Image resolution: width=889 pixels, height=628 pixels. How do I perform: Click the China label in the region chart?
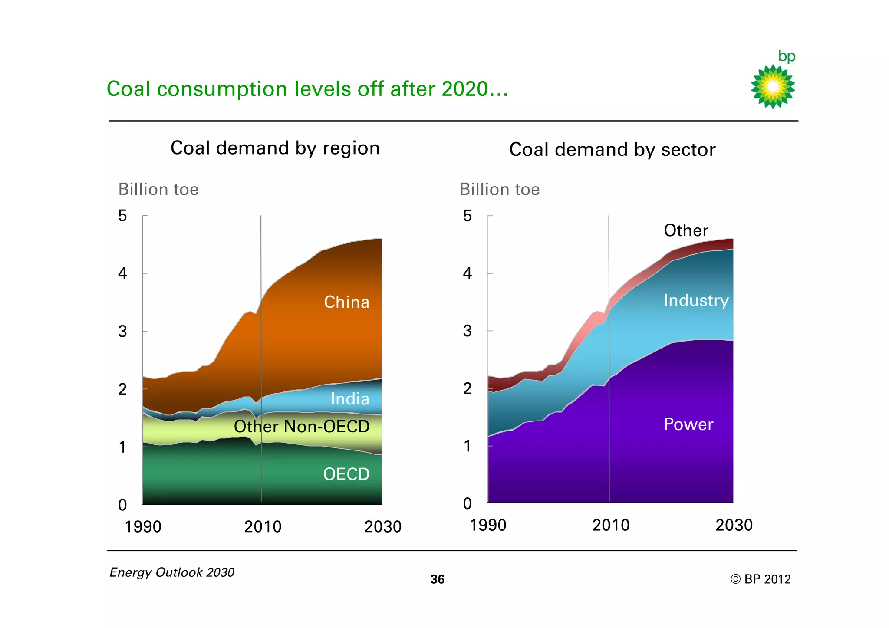346,302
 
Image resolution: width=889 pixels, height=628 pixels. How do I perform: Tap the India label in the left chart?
350,399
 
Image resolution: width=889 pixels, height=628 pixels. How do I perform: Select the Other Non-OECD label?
302,426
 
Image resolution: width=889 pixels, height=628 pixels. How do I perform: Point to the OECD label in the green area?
346,474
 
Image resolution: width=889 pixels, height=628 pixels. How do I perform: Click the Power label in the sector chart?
688,424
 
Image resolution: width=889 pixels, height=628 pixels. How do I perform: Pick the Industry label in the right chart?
696,300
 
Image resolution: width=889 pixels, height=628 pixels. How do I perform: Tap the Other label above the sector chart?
686,230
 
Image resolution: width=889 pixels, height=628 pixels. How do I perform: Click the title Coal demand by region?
275,148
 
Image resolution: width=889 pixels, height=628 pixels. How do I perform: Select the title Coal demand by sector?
612,149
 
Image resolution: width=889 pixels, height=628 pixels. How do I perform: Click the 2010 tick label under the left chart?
263,526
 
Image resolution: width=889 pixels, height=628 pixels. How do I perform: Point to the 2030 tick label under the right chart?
734,525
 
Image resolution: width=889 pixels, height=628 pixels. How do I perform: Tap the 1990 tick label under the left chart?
143,526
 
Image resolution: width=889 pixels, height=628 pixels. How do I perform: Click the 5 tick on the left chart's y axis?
122,216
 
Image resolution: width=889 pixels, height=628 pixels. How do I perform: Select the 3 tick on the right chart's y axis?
467,331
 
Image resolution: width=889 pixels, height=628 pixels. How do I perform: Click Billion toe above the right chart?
499,189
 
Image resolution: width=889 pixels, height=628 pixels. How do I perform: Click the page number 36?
438,579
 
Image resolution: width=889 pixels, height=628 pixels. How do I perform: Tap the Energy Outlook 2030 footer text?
172,572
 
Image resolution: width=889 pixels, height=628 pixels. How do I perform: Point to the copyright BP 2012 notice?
761,579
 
